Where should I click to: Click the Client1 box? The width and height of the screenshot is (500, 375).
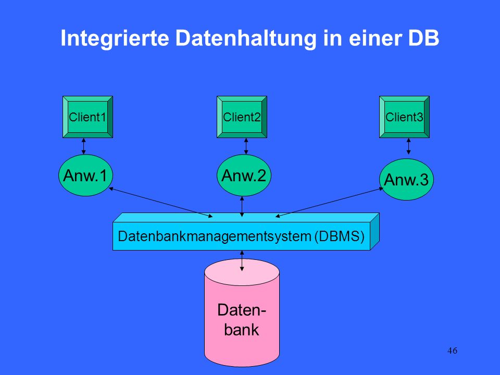point(87,117)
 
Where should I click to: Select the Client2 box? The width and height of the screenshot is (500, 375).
point(242,117)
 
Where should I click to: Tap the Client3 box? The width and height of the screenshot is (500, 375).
point(404,117)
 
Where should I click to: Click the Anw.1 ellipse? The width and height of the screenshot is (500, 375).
point(85,175)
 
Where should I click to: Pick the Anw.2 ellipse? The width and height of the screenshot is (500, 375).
point(244,175)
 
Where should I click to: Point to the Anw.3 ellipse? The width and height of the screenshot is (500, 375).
point(406,179)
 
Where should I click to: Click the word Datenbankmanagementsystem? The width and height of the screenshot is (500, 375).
point(215,236)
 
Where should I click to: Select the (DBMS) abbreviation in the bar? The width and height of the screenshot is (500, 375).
point(339,236)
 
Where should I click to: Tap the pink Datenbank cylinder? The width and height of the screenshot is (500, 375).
point(242,313)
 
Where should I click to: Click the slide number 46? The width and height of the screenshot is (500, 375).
point(452,351)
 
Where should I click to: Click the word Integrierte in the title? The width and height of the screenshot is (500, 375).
point(115,38)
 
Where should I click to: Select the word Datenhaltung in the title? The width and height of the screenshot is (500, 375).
point(245,38)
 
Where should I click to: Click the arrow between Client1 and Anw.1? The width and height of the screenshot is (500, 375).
point(83,146)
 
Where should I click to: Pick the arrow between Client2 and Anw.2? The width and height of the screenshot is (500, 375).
point(246,146)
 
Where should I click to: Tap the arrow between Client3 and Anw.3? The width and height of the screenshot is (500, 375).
point(408,146)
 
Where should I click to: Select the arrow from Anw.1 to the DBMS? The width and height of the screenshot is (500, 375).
point(161,203)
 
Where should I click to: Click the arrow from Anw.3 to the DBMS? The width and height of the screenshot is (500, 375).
point(329,203)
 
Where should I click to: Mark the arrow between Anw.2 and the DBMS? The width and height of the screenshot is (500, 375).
point(242,207)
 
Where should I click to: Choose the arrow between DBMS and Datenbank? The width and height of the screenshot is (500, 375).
point(242,261)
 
